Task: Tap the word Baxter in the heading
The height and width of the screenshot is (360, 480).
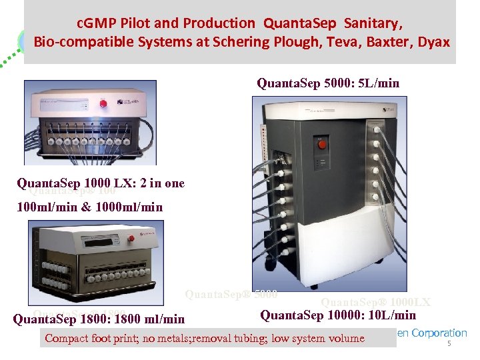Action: (x=402, y=41)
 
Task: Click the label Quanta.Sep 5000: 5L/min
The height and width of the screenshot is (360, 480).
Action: (x=328, y=83)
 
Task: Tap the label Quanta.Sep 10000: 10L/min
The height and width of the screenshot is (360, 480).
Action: (x=338, y=315)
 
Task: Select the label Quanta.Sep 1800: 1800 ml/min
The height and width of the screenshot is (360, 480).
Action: (x=99, y=320)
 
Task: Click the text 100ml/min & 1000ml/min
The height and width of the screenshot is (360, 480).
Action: (x=89, y=207)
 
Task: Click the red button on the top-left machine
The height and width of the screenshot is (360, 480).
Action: (x=103, y=103)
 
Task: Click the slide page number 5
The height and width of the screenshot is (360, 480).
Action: (x=449, y=344)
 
